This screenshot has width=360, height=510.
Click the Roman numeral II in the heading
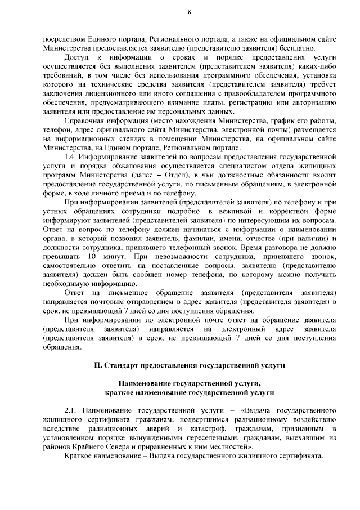(x=98, y=366)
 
